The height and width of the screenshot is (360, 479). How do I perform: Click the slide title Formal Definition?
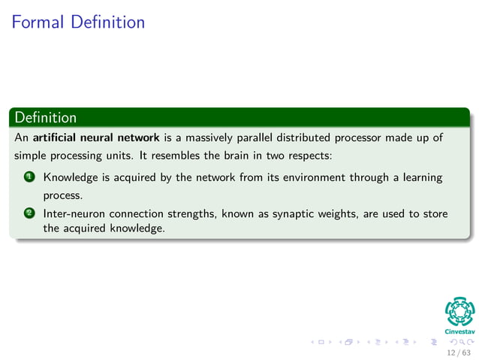78,22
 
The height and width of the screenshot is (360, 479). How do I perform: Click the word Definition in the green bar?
46,118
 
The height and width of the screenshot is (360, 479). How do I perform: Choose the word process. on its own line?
62,195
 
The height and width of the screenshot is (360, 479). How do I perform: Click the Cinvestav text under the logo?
460,329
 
